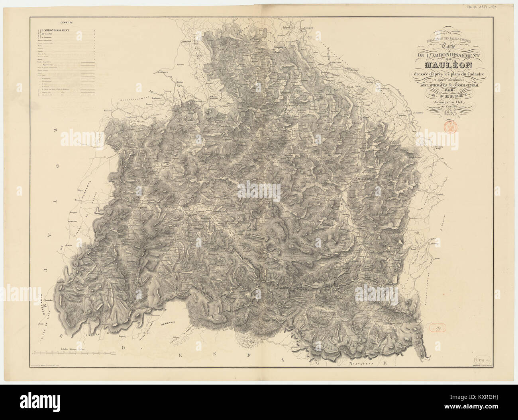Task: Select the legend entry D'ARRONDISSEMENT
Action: pyautogui.click(x=53, y=30)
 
